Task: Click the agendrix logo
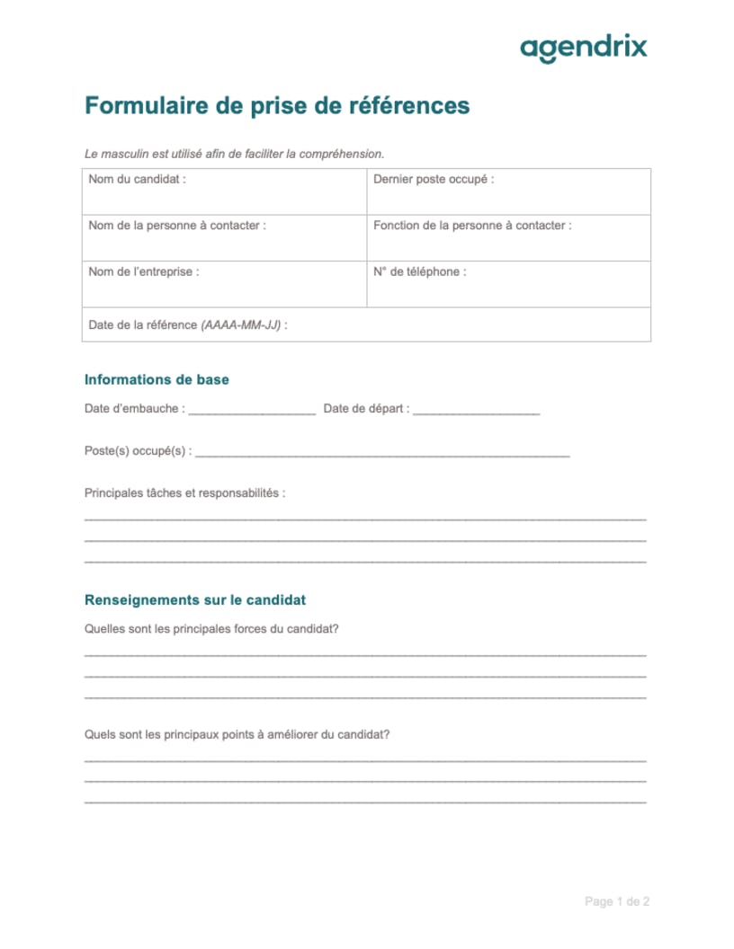(x=584, y=48)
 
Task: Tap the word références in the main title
(x=408, y=106)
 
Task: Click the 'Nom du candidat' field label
(x=138, y=179)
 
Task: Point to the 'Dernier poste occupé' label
(x=434, y=179)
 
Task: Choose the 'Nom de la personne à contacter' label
(x=177, y=226)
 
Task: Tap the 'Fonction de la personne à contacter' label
(x=472, y=226)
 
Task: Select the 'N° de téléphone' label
(x=420, y=271)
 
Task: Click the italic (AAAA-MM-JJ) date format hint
(x=241, y=325)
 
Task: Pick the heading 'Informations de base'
(x=157, y=379)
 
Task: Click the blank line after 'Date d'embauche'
(x=253, y=412)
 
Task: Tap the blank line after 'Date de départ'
(x=477, y=412)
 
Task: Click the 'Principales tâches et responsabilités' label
(x=184, y=493)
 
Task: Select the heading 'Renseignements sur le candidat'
(x=195, y=599)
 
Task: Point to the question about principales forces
(x=211, y=629)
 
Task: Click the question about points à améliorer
(x=237, y=734)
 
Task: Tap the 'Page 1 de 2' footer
(x=617, y=901)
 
